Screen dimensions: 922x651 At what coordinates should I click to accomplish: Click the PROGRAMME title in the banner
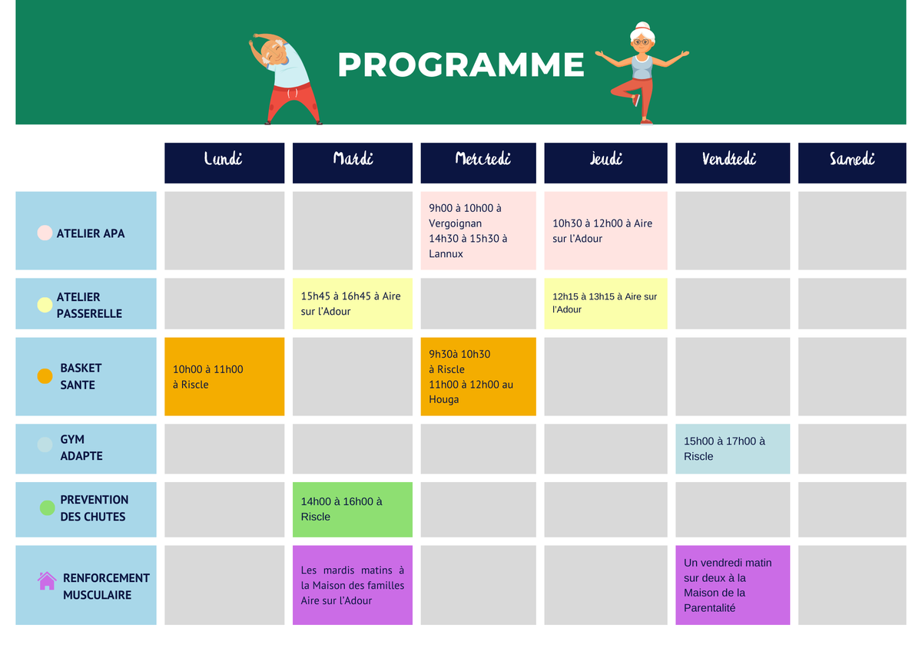pyautogui.click(x=460, y=64)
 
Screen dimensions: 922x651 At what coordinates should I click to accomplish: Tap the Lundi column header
pyautogui.click(x=224, y=163)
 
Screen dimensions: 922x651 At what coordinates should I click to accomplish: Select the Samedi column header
pyautogui.click(x=852, y=163)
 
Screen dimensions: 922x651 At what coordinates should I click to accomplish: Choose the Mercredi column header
pyautogui.click(x=478, y=163)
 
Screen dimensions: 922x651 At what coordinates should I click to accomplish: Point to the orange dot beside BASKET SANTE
pyautogui.click(x=45, y=376)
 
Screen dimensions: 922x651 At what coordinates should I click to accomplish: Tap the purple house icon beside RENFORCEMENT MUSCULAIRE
pyautogui.click(x=47, y=580)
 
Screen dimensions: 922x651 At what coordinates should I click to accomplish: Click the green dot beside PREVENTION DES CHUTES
pyautogui.click(x=48, y=508)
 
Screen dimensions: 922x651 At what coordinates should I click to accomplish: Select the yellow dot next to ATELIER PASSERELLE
pyautogui.click(x=45, y=305)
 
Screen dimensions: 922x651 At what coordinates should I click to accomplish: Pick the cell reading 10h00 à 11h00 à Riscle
pyautogui.click(x=224, y=377)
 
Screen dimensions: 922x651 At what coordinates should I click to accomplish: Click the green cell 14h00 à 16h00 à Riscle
pyautogui.click(x=353, y=510)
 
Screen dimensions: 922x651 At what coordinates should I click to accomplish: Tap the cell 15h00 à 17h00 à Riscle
pyautogui.click(x=733, y=448)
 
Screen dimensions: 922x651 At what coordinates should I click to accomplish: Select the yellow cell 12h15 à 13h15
pyautogui.click(x=605, y=303)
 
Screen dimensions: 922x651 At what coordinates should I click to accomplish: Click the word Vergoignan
pyautogui.click(x=455, y=223)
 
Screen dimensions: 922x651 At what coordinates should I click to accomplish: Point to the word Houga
pyautogui.click(x=444, y=399)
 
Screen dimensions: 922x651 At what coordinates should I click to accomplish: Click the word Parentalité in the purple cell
pyautogui.click(x=710, y=608)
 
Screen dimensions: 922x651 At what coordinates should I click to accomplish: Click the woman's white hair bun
pyautogui.click(x=642, y=26)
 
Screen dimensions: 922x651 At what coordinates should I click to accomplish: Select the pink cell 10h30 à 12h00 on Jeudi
pyautogui.click(x=605, y=231)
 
